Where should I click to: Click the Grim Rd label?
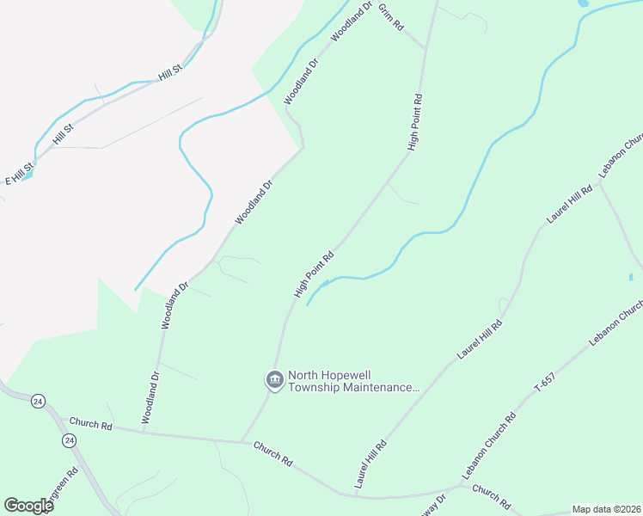(x=391, y=16)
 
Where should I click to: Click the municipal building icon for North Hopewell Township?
(x=274, y=379)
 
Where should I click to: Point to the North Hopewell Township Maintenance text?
(x=353, y=381)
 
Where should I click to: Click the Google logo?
(x=28, y=506)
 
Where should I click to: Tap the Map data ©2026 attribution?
(x=607, y=509)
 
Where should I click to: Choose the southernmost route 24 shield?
(x=68, y=440)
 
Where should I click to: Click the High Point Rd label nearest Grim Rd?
(x=415, y=122)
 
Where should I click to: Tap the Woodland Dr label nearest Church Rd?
(x=150, y=396)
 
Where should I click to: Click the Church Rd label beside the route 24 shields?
(x=91, y=424)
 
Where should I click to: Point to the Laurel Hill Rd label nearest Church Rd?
(x=370, y=460)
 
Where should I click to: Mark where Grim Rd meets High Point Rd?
(x=426, y=50)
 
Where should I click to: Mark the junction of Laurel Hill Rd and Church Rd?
(x=355, y=494)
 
